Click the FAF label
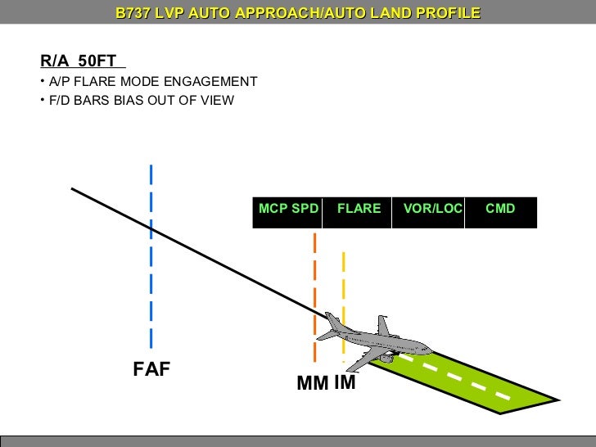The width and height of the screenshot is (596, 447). click(151, 370)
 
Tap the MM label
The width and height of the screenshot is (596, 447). click(313, 383)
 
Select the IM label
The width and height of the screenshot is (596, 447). click(345, 382)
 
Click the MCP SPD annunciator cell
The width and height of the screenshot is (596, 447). click(288, 209)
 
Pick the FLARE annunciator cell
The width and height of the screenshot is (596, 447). click(359, 209)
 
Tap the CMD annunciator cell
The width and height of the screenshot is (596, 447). click(500, 209)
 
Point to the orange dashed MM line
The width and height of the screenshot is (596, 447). click(314, 278)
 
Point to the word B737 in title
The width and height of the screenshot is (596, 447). click(133, 14)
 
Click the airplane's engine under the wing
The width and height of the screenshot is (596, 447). click(385, 359)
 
